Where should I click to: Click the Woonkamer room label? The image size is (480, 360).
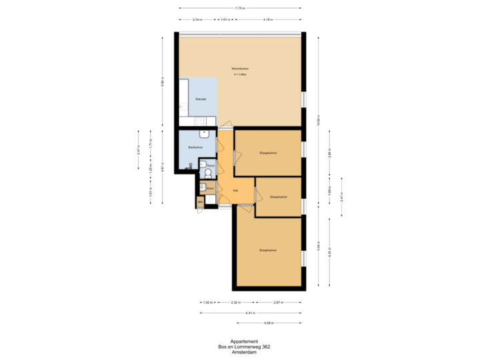pos(239,69)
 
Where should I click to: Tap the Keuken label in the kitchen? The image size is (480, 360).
pos(201,99)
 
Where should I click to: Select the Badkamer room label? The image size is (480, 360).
pos(195,147)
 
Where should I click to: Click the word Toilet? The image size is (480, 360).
pos(210,165)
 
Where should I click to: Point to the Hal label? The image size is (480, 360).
pos(235,191)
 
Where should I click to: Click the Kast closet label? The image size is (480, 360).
pos(209,189)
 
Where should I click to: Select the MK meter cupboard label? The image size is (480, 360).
pos(199,201)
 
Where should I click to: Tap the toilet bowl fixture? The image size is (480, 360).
pos(208,173)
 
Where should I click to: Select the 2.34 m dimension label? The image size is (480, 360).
pos(197,19)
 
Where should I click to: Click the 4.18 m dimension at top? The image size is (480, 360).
pos(267,19)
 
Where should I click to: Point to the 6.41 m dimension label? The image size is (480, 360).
pos(250,312)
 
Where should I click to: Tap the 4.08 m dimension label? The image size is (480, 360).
pos(269,323)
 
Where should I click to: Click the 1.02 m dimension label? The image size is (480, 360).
pos(207,302)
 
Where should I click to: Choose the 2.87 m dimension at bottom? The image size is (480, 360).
pos(278,302)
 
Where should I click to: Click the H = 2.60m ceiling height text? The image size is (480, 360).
pos(240,75)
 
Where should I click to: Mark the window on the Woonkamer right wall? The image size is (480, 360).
pos(303,99)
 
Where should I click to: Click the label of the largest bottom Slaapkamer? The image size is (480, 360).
pos(268,250)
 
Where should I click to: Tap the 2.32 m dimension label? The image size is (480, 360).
pos(235,302)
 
